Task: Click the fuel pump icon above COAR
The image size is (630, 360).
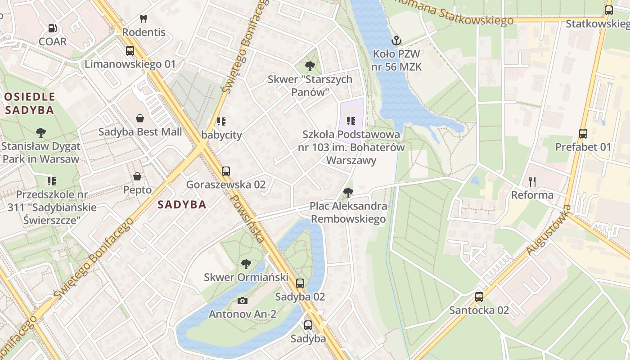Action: pyautogui.click(x=53, y=28)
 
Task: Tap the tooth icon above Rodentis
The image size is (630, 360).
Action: pyautogui.click(x=144, y=19)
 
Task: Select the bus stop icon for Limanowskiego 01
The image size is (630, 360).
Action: pyautogui.click(x=130, y=51)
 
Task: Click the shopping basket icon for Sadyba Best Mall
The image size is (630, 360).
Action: pyautogui.click(x=140, y=118)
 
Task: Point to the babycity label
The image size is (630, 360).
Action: pyautogui.click(x=221, y=135)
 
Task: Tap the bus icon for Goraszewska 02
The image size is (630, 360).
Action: pyautogui.click(x=226, y=171)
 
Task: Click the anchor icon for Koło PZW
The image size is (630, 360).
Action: pyautogui.click(x=396, y=40)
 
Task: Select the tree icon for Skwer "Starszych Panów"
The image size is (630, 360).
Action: pyautogui.click(x=310, y=66)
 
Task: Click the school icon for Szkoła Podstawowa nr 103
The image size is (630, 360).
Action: pyautogui.click(x=351, y=121)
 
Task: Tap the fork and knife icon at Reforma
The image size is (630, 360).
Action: pyautogui.click(x=532, y=182)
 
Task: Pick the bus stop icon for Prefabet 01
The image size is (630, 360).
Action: pyautogui.click(x=583, y=133)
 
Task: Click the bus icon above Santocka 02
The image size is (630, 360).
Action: pyautogui.click(x=479, y=297)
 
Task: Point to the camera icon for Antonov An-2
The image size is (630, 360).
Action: pyautogui.click(x=243, y=301)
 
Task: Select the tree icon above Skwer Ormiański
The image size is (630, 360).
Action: pyautogui.click(x=246, y=264)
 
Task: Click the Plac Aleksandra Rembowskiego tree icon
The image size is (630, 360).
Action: pyautogui.click(x=348, y=193)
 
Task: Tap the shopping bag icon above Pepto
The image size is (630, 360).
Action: pyautogui.click(x=137, y=176)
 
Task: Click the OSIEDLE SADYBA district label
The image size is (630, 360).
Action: pyautogui.click(x=30, y=103)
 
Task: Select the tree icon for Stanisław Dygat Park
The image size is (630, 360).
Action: pyautogui.click(x=41, y=133)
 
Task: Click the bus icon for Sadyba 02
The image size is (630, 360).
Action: pyautogui.click(x=300, y=283)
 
